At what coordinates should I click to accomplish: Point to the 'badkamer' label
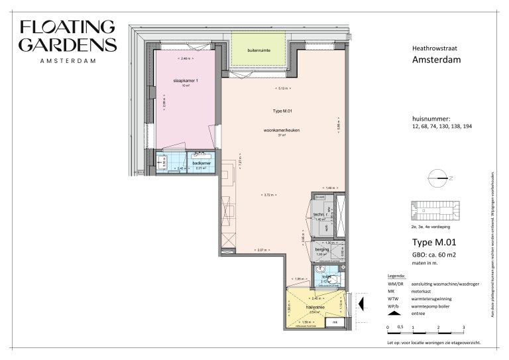click(x=201, y=162)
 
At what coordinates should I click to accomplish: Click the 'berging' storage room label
click(x=323, y=249)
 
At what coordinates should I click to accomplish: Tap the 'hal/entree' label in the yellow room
click(x=315, y=308)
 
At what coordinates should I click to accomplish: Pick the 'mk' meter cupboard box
click(x=335, y=323)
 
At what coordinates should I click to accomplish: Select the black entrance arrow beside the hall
click(x=361, y=304)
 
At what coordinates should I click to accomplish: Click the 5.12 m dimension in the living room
click(x=283, y=88)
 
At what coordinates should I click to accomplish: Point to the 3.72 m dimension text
click(x=268, y=195)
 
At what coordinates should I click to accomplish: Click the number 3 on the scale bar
click(x=463, y=328)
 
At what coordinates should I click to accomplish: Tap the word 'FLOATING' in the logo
click(x=68, y=28)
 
